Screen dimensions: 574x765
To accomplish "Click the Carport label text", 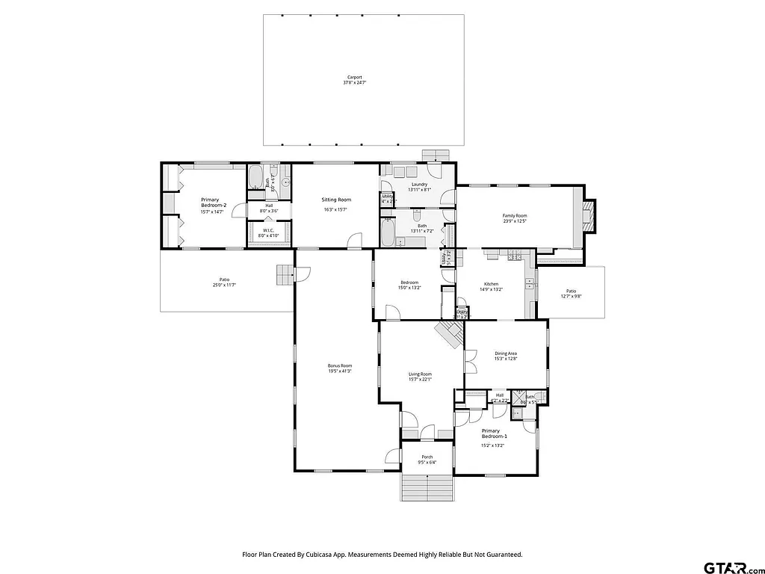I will [354, 76].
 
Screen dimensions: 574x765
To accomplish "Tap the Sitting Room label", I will [336, 200].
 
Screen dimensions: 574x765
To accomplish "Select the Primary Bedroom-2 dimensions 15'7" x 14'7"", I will [212, 212].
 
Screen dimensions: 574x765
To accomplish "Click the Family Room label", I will [515, 215].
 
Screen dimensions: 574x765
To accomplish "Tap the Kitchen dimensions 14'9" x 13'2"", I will [491, 289].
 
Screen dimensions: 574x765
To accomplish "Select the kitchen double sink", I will [530, 283].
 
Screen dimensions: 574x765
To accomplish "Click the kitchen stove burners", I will [514, 257].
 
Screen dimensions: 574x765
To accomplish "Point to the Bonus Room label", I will [340, 365].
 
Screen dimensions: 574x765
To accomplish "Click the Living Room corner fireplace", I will [450, 334].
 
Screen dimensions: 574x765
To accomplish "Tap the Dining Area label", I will [506, 354].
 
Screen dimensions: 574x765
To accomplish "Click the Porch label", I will [427, 457].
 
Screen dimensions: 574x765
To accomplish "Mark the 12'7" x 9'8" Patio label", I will [571, 291].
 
